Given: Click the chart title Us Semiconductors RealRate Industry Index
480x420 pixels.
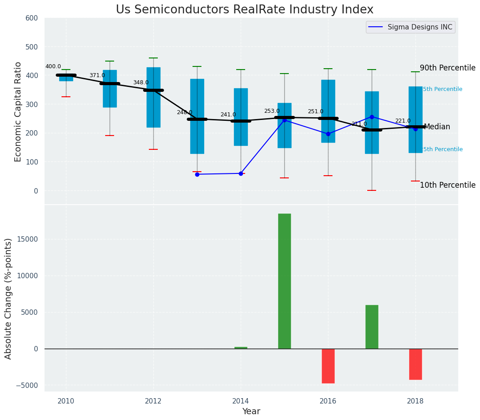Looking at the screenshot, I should (x=244, y=9).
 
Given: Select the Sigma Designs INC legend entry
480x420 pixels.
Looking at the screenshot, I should (x=419, y=27).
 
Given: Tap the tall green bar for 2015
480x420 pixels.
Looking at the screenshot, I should (x=284, y=281).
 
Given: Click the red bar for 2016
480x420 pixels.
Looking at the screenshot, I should (x=328, y=366).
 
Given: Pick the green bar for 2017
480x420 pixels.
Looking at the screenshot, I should (x=372, y=327).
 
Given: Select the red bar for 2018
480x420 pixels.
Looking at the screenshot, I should (x=415, y=364).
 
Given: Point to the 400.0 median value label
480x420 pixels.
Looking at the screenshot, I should (x=53, y=66).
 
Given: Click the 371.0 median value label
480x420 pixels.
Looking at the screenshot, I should (x=97, y=75).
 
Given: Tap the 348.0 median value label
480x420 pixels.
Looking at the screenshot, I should (x=141, y=82).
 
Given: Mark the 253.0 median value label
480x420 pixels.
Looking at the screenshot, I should (x=272, y=111).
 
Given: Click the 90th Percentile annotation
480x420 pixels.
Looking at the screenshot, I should (x=447, y=68).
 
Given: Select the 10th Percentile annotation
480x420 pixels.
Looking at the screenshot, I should (x=447, y=185).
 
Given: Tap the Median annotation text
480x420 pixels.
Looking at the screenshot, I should (x=437, y=127).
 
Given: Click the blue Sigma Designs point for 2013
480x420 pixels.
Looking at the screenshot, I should (x=197, y=174).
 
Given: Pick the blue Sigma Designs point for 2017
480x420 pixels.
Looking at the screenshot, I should (x=372, y=117).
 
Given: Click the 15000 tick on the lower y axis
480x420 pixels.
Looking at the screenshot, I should (x=28, y=239).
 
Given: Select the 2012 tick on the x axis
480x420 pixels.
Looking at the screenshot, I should (x=153, y=400).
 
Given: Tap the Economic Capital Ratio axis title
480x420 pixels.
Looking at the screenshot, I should (x=18, y=111).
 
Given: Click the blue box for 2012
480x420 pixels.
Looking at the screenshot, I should (x=153, y=97).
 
